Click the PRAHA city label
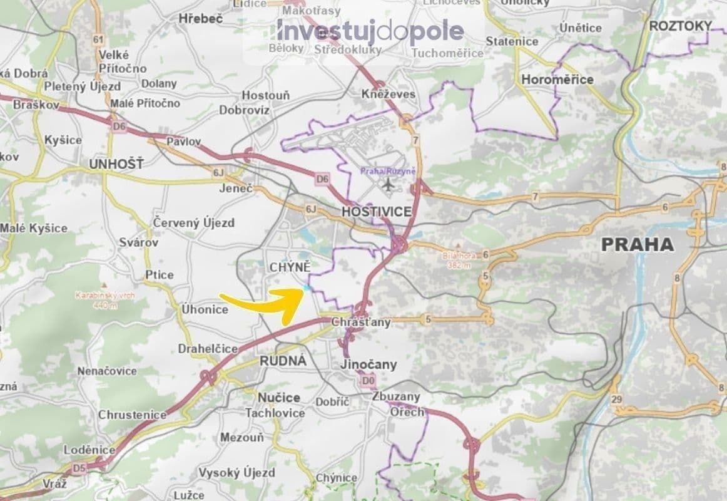tap(638, 244)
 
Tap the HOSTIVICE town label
tap(377, 212)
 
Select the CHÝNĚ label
tap(290, 268)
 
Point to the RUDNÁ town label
tap(283, 361)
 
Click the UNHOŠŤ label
tap(116, 164)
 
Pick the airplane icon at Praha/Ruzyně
tap(389, 185)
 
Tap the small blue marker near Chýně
tap(307, 287)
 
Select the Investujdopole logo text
tap(370, 31)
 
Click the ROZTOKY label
tap(681, 26)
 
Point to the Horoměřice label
tap(557, 80)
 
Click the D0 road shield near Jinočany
tap(367, 380)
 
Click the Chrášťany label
tap(361, 323)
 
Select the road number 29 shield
tap(617, 400)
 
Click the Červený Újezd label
tap(194, 222)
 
